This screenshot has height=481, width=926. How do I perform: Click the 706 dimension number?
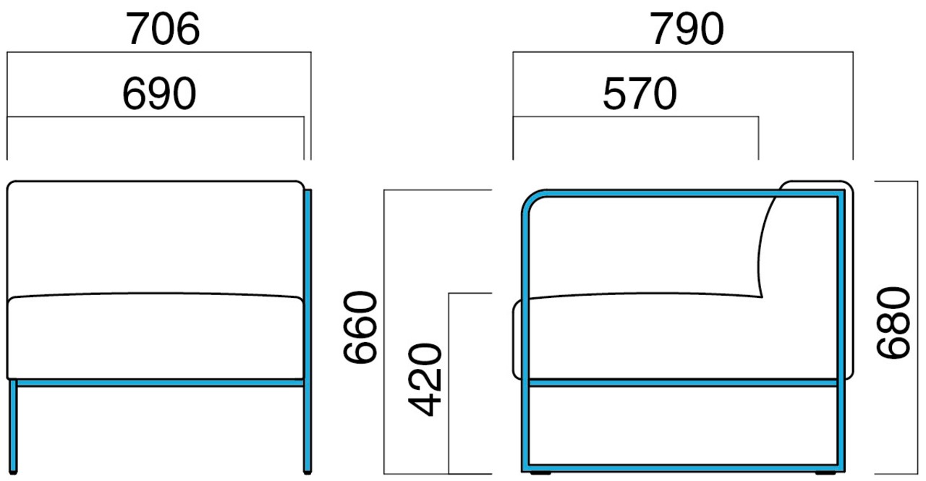(x=163, y=30)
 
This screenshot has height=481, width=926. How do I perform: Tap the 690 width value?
(x=159, y=94)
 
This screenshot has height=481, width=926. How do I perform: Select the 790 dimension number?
(x=687, y=30)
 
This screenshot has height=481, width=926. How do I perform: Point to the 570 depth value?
(x=639, y=94)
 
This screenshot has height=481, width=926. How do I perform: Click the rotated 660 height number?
(x=360, y=329)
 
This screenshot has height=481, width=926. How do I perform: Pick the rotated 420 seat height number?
(x=424, y=380)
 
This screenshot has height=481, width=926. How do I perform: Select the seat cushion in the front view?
(x=154, y=336)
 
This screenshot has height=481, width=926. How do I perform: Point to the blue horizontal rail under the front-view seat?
(x=159, y=382)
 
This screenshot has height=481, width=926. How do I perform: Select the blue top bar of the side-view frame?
(x=687, y=193)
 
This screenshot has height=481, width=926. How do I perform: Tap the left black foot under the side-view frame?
(x=540, y=474)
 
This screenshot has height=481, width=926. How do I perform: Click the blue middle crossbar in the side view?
(x=684, y=382)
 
